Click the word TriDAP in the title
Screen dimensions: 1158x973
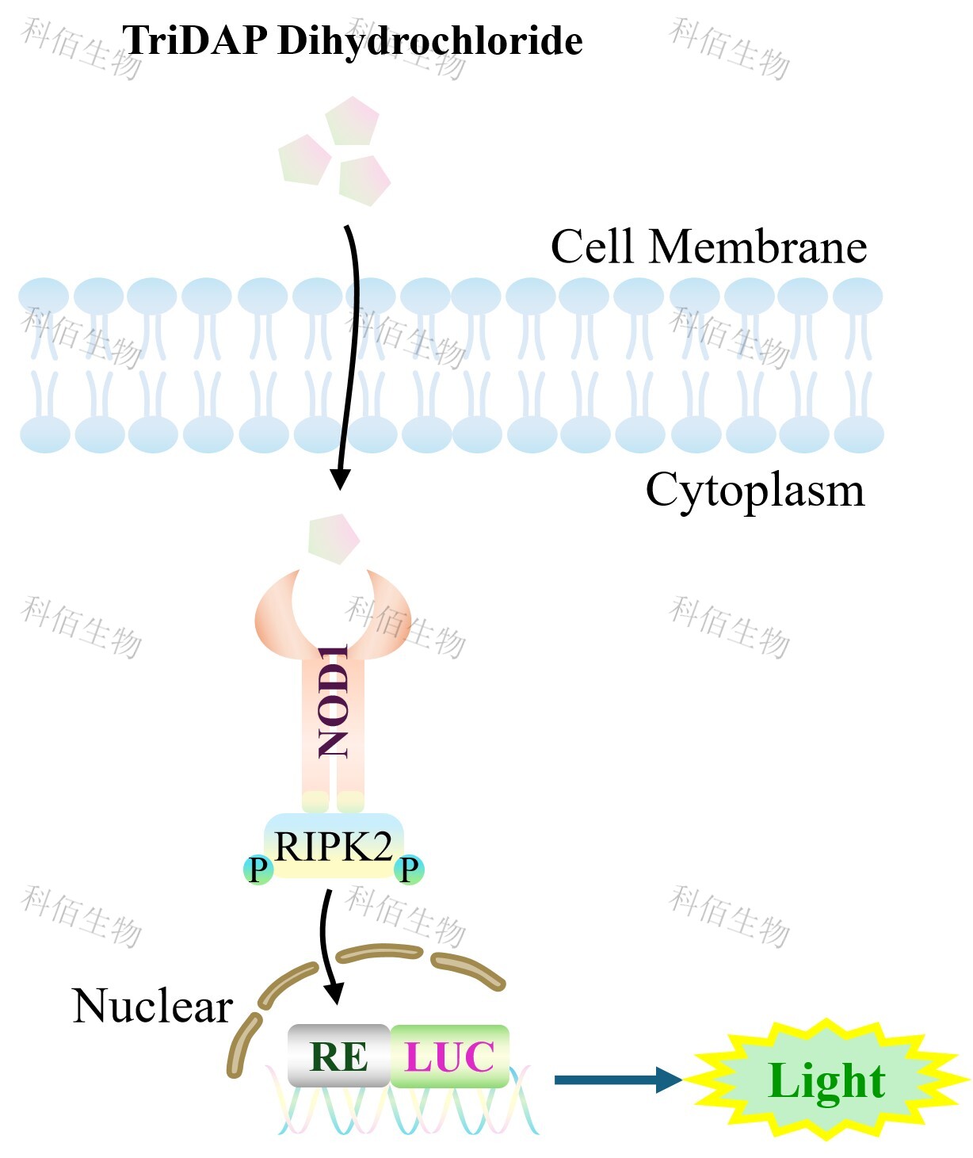[x=194, y=40]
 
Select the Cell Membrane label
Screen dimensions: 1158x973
[x=708, y=247]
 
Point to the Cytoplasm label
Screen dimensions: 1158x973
[x=754, y=490]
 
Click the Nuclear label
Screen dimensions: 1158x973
[x=152, y=1007]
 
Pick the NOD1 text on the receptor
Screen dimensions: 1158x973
[x=334, y=701]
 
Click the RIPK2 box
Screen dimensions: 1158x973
[x=334, y=847]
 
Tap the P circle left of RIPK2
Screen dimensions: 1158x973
[x=258, y=869]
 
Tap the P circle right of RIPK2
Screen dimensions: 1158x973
[x=409, y=869]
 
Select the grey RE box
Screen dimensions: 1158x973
[x=338, y=1056]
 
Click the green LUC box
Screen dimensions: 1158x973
[x=449, y=1056]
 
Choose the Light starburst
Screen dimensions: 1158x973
[x=826, y=1080]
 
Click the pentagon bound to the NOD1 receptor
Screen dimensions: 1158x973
[x=334, y=538]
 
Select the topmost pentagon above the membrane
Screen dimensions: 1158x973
[x=353, y=120]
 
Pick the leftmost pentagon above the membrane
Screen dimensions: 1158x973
[x=304, y=159]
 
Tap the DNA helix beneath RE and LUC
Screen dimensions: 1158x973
[x=404, y=1110]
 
